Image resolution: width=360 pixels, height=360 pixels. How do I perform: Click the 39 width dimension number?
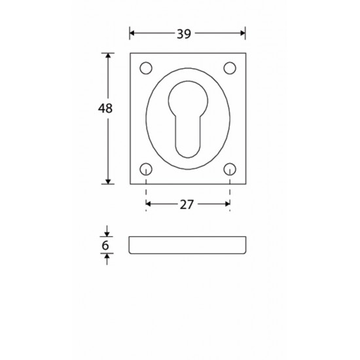click(x=184, y=34)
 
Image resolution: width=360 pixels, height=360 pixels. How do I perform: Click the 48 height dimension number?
click(x=105, y=109)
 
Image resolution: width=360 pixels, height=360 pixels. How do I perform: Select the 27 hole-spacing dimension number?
click(x=187, y=205)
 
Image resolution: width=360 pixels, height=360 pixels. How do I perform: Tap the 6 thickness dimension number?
click(x=105, y=245)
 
